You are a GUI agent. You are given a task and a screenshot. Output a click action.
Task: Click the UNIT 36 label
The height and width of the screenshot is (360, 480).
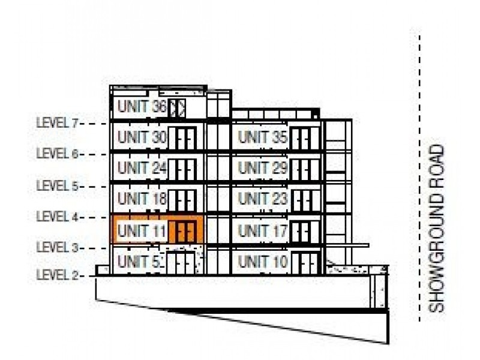(142, 107)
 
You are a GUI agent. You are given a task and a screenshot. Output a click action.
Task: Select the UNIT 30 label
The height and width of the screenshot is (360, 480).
(142, 137)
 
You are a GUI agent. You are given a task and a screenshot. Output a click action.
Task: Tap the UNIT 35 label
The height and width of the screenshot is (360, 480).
(263, 137)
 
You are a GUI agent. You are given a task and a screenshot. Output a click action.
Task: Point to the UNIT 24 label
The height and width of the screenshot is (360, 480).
(142, 168)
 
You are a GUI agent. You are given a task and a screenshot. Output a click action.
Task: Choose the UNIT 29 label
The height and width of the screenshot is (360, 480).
(263, 168)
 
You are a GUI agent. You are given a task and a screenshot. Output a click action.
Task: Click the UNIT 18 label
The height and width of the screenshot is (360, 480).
(142, 199)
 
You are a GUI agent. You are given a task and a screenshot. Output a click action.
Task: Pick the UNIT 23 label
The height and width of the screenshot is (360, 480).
(263, 199)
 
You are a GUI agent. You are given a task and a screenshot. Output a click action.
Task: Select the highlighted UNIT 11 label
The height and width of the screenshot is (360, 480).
(142, 230)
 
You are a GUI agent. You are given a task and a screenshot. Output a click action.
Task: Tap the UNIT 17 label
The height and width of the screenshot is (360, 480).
(263, 231)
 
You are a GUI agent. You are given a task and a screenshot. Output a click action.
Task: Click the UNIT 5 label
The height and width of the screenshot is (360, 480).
(139, 262)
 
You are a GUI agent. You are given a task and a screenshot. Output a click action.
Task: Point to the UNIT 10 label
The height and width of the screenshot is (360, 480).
(263, 262)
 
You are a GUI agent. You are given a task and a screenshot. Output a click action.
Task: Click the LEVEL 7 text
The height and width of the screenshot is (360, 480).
(58, 123)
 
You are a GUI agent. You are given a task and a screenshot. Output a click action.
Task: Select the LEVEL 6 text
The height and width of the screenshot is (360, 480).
(58, 154)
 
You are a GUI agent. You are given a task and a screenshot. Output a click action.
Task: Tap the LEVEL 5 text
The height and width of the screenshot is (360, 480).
(58, 186)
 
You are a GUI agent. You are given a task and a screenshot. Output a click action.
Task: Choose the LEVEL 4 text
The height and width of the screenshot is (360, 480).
(58, 217)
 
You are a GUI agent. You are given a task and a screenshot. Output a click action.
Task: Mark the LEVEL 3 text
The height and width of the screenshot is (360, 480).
(58, 247)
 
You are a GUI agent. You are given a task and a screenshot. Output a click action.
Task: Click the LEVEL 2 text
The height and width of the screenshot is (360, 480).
(58, 275)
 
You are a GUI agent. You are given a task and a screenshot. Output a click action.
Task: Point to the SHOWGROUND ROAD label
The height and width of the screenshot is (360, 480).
(436, 229)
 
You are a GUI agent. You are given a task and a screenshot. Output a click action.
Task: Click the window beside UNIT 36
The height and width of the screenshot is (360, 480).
(177, 108)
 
